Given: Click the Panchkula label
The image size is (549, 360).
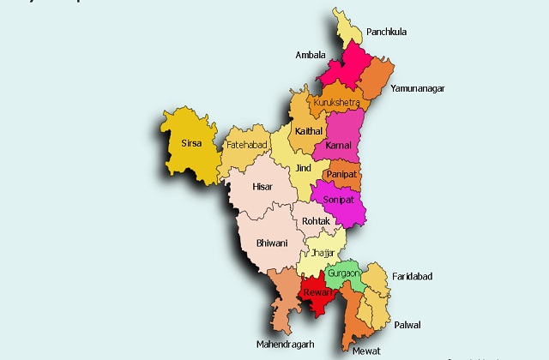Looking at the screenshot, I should point(386,33).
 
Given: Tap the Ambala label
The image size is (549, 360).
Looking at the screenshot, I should point(310,54).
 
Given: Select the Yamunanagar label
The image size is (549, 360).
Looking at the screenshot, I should point(418,88).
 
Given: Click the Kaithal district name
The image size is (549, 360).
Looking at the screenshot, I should point(308,131).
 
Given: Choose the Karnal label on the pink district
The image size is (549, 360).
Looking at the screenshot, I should point(339,147).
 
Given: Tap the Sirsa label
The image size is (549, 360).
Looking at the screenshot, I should point(191,143).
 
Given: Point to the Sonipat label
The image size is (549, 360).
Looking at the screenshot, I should point(338,199).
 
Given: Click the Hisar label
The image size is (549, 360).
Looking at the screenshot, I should point(262,186).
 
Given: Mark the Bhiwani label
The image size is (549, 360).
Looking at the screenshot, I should point(272,243).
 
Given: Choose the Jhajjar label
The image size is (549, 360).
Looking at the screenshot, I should point(322,254).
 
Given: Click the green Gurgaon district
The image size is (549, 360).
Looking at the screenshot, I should point(342,273).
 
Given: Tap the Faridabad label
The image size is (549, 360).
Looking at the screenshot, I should point(413,276).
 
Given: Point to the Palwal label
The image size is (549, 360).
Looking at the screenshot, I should point(407,325).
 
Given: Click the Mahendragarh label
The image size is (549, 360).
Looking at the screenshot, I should point(286,345).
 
